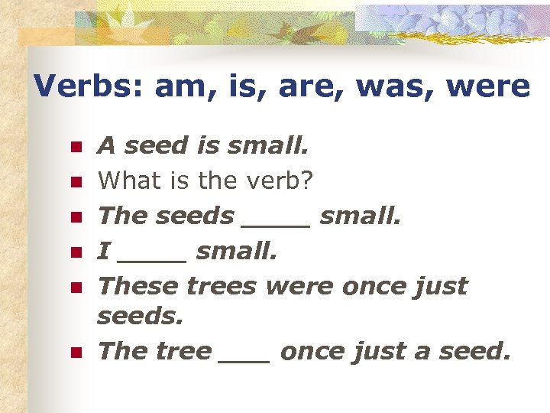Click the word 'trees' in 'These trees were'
click(x=222, y=286)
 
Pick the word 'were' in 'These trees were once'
click(x=299, y=286)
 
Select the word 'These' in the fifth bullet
click(x=138, y=286)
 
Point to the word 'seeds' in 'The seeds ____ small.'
click(x=195, y=216)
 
